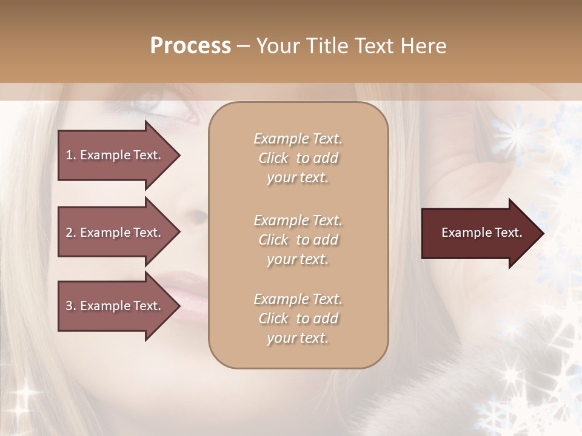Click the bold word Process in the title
coord(190,46)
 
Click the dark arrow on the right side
coord(479,233)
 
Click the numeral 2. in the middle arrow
coord(71,233)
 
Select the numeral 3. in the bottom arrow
coord(71,306)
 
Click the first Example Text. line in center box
coord(298,139)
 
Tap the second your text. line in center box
coord(298,259)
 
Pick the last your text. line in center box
coord(298,338)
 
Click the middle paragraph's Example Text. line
coord(298,220)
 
